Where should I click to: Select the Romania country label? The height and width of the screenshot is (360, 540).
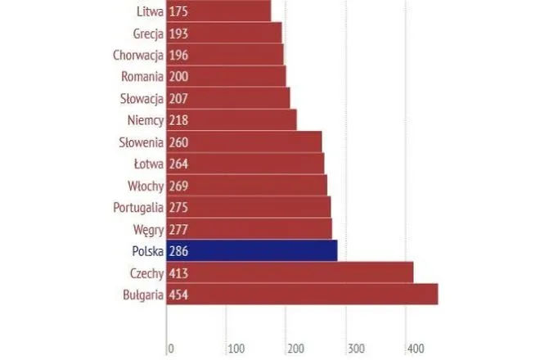coord(140,77)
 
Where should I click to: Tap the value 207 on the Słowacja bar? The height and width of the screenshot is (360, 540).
coord(179,99)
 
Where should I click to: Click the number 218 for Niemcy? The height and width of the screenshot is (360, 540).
coord(179,120)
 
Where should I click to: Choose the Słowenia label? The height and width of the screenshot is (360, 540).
coord(140,142)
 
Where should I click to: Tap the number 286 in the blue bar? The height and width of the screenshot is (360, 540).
coord(179,251)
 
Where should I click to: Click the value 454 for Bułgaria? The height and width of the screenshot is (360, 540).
coord(179,295)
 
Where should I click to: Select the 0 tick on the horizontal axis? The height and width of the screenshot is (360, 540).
coord(171,349)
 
